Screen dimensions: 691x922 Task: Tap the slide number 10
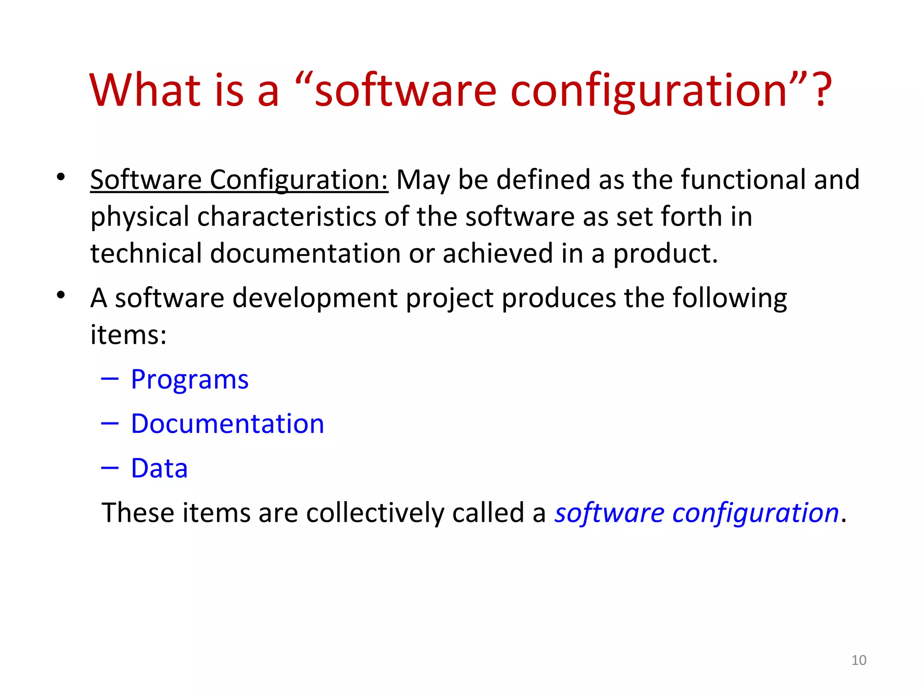pos(859,660)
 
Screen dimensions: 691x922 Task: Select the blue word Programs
pos(190,380)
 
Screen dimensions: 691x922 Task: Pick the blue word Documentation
pos(227,424)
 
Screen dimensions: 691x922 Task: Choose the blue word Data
pos(159,468)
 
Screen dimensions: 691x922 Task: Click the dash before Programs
pos(110,379)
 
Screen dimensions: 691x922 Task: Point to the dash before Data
pos(110,468)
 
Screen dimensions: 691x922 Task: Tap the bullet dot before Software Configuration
pos(61,177)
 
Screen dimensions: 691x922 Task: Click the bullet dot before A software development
pos(61,295)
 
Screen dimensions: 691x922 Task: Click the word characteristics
pos(286,217)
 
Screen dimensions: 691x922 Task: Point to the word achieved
pos(497,253)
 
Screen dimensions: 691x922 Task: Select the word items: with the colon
pos(128,335)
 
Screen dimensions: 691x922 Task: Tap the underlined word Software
pos(146,179)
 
